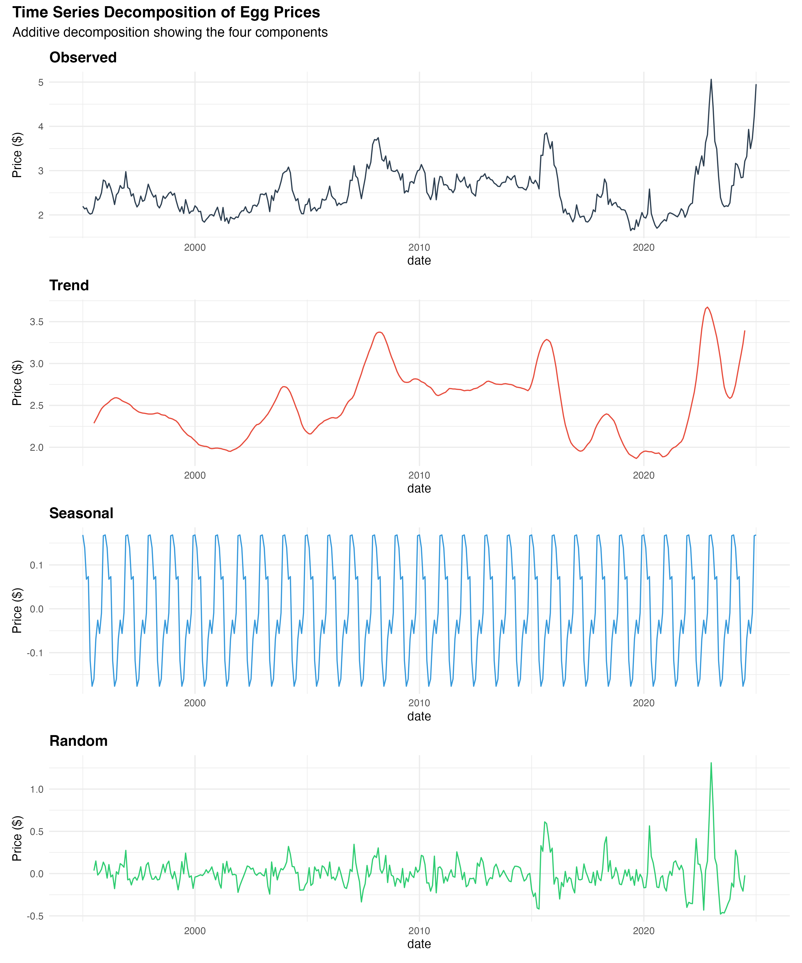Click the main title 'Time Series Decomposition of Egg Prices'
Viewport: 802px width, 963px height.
166,12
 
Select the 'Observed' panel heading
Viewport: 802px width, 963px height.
83,57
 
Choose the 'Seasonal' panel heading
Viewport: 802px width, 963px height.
81,513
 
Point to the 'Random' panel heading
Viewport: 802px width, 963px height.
78,741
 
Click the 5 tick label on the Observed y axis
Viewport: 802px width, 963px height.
41,83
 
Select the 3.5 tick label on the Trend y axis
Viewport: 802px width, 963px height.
37,322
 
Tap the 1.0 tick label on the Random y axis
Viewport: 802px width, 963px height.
37,789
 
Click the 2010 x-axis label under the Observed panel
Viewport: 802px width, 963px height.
419,248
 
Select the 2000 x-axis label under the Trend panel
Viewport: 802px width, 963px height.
195,476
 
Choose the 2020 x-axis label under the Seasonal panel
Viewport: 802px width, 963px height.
643,703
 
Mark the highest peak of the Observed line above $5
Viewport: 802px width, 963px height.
711,79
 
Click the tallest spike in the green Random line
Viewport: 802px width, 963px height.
711,763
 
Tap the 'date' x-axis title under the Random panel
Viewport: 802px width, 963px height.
419,944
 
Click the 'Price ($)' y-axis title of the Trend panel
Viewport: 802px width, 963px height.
17,383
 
